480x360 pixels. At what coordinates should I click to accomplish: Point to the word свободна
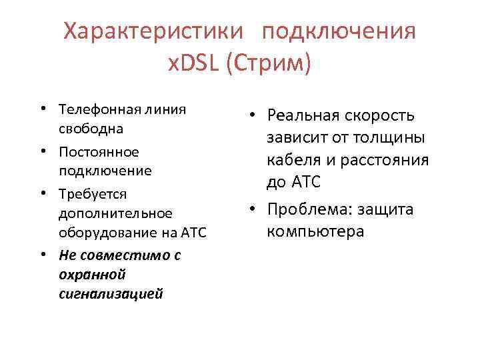pyautogui.click(x=85, y=128)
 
